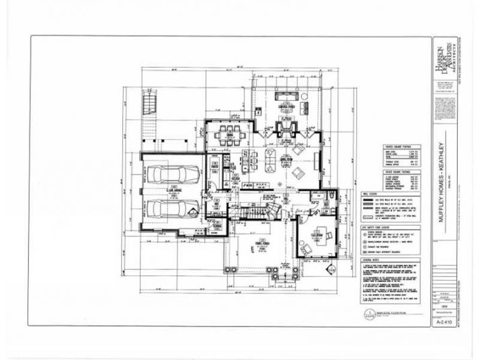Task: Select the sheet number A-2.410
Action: pos(442,322)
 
